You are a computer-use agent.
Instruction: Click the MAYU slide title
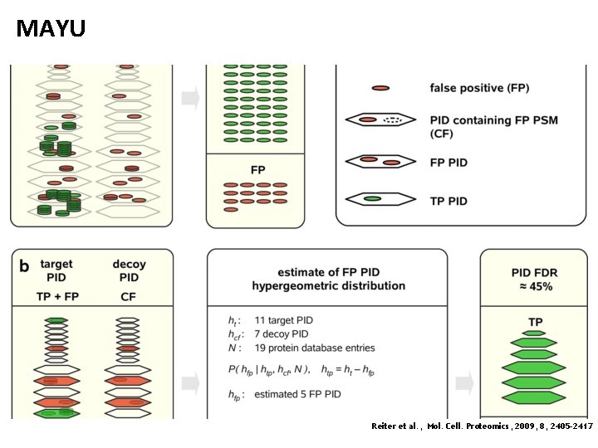tap(51, 30)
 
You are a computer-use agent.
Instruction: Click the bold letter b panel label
tap(25, 266)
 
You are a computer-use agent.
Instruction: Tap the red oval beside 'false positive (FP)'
tap(381, 88)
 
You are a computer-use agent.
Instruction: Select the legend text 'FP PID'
tap(448, 163)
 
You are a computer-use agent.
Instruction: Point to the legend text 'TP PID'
tap(448, 201)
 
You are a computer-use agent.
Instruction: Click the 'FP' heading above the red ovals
tap(257, 170)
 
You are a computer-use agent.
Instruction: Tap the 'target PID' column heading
tap(56, 271)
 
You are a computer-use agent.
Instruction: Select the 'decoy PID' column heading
tap(129, 271)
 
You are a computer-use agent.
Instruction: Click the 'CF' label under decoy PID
tap(129, 297)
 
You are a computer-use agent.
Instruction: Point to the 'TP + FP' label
tap(56, 297)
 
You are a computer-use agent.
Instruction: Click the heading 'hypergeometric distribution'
tap(328, 286)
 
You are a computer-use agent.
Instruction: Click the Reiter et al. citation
tap(482, 426)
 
